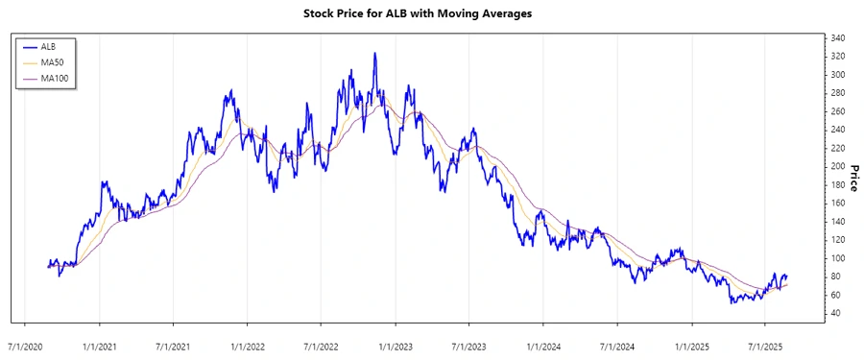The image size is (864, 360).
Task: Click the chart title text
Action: [x=431, y=13]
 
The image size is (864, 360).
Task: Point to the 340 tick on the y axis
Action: [x=838, y=38]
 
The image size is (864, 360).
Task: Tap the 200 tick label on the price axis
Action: [x=838, y=166]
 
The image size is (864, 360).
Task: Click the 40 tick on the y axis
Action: [x=835, y=313]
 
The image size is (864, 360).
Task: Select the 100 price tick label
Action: [x=838, y=258]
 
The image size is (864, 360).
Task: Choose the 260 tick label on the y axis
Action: [x=838, y=111]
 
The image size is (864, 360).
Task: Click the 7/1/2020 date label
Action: [x=25, y=344]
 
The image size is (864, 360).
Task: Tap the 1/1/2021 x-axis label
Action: [x=99, y=344]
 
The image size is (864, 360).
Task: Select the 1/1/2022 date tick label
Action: [x=247, y=344]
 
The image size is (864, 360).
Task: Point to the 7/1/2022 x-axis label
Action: [x=321, y=344]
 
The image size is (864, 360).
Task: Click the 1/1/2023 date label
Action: [x=395, y=344]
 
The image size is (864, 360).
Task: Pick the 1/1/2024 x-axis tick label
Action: [x=542, y=344]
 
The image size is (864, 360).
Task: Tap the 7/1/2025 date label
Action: [x=763, y=344]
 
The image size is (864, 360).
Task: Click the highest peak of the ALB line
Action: [x=374, y=54]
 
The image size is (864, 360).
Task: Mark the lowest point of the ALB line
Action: [x=732, y=303]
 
